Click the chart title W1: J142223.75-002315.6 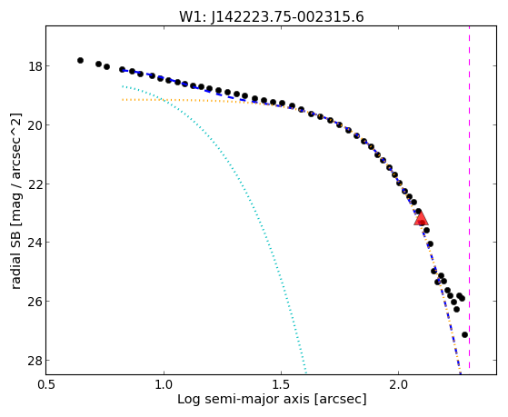(x=272, y=16)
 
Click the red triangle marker (x=421, y=218)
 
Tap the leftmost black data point (x=80, y=60)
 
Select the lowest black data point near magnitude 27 (x=464, y=334)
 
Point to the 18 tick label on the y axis (x=35, y=66)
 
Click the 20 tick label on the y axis (x=35, y=125)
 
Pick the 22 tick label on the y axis (x=35, y=184)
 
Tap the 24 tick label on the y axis (x=35, y=243)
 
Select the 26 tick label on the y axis (x=35, y=302)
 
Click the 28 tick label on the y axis (x=35, y=361)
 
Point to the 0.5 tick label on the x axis (x=46, y=384)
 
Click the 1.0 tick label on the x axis (x=164, y=384)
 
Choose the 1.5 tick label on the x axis (x=281, y=384)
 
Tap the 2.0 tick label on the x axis (x=399, y=384)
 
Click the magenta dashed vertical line (x=469, y=197)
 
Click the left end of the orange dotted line (x=123, y=99)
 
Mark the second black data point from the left (x=98, y=64)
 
